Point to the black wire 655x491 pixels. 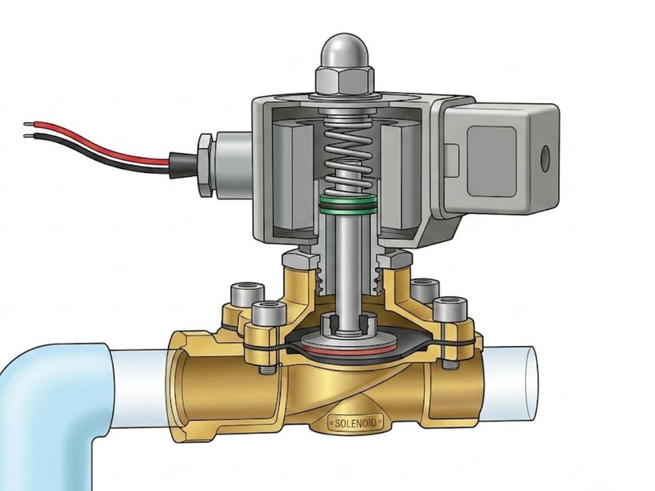coord(98,155)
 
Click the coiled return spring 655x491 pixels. coord(347,155)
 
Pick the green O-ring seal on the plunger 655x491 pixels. coord(348,205)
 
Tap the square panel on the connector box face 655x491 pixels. coord(491,161)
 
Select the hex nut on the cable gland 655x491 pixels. coord(205,165)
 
